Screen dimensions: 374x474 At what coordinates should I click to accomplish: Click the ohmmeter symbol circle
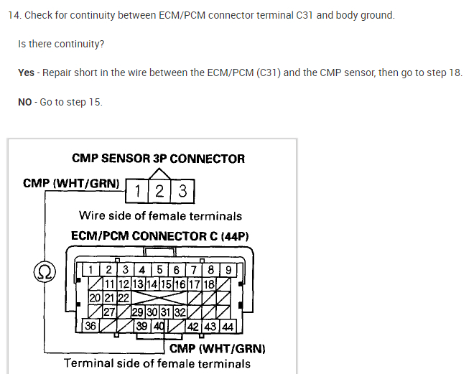(44, 271)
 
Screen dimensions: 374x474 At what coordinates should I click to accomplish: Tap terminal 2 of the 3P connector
(159, 191)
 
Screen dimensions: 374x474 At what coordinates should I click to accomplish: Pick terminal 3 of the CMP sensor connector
(182, 191)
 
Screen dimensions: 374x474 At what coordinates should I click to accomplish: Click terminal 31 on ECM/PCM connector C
(166, 312)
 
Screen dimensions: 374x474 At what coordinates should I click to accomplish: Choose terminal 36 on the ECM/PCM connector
(91, 326)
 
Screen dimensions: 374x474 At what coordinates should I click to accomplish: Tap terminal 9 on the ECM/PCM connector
(228, 271)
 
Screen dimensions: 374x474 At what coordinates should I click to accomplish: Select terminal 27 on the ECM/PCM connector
(109, 312)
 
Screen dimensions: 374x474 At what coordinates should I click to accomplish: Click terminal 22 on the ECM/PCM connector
(123, 298)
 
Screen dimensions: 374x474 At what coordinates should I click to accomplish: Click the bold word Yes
(26, 73)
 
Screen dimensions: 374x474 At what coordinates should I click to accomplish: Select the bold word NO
(25, 102)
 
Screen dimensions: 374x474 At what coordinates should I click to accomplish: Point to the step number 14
(13, 15)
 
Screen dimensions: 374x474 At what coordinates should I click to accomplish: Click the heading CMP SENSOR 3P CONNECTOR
(158, 159)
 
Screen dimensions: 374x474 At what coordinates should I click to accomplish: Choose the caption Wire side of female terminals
(160, 215)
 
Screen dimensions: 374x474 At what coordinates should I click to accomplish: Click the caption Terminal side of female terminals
(157, 363)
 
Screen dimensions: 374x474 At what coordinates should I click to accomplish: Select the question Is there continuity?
(61, 45)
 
